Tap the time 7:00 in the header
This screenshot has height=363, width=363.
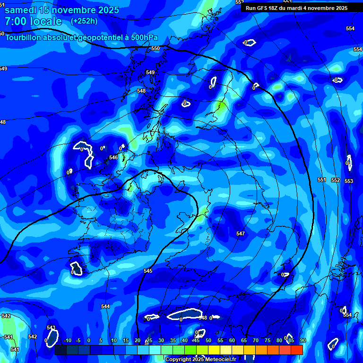pyautogui.click(x=16, y=22)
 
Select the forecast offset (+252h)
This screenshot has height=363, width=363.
pyautogui.click(x=84, y=21)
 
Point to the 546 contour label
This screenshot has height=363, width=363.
pyautogui.click(x=113, y=157)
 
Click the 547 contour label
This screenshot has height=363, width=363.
pyautogui.click(x=241, y=234)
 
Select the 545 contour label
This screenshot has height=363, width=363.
pyautogui.click(x=148, y=271)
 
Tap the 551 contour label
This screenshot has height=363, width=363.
pyautogui.click(x=322, y=180)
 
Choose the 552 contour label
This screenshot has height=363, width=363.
pyautogui.click(x=336, y=181)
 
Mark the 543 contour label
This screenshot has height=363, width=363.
pyautogui.click(x=51, y=328)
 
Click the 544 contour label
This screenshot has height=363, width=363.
pyautogui.click(x=105, y=307)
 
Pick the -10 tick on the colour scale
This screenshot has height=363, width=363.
pyautogui.click(x=67, y=340)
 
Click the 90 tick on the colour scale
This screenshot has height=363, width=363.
pyautogui.click(x=302, y=340)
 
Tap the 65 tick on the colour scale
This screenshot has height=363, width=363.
pyautogui.click(x=244, y=340)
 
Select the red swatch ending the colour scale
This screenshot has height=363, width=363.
pyautogui.click(x=297, y=350)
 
